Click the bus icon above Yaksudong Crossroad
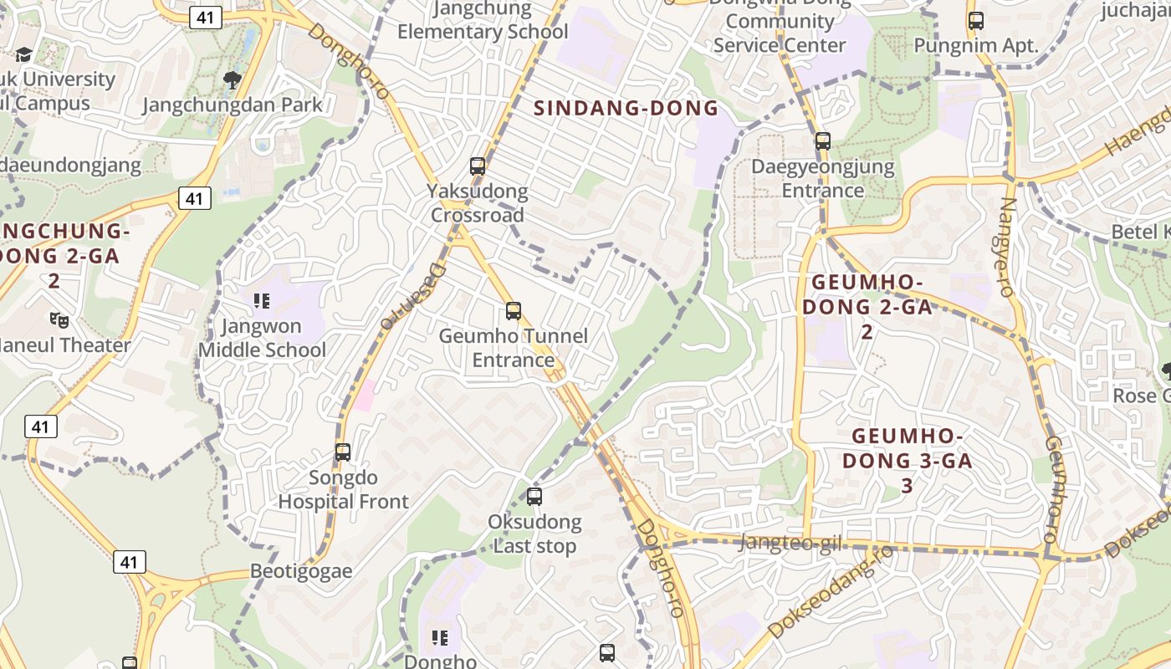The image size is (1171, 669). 478,166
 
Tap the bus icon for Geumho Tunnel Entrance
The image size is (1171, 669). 514,311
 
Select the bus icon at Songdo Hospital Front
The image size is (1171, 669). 342,452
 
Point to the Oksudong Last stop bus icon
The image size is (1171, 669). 534,497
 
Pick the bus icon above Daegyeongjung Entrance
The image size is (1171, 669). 823,141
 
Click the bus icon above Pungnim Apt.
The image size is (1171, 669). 975,21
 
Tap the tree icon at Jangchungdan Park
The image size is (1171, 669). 233,80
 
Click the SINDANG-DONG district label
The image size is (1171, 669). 626,108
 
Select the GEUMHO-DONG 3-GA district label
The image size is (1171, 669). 908,461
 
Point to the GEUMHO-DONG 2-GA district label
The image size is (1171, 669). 867,307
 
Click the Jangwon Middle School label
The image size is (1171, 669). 262,338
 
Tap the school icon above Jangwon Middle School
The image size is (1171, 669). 262,301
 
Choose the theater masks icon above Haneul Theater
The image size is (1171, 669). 59,319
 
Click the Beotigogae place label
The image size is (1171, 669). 301,572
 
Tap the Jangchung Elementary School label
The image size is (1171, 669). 483,21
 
